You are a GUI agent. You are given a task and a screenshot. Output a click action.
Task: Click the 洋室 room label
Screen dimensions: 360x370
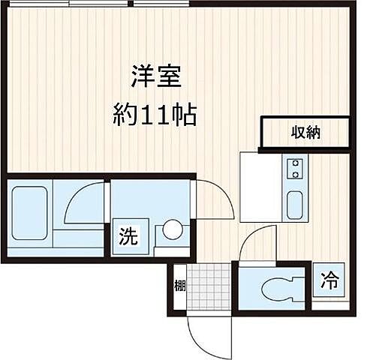point(156,76)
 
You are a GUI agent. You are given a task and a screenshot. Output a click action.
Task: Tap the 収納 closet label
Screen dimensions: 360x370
point(305,133)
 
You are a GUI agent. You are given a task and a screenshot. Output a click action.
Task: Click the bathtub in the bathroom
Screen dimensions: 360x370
point(30,214)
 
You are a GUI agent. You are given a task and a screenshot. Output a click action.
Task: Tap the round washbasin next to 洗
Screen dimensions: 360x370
point(173,229)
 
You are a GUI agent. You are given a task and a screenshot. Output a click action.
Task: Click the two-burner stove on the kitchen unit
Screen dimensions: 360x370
point(295,169)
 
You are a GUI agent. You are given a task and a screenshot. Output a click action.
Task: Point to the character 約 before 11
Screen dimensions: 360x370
point(124,115)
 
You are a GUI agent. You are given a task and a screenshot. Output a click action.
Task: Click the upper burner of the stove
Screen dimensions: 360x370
point(295,163)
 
